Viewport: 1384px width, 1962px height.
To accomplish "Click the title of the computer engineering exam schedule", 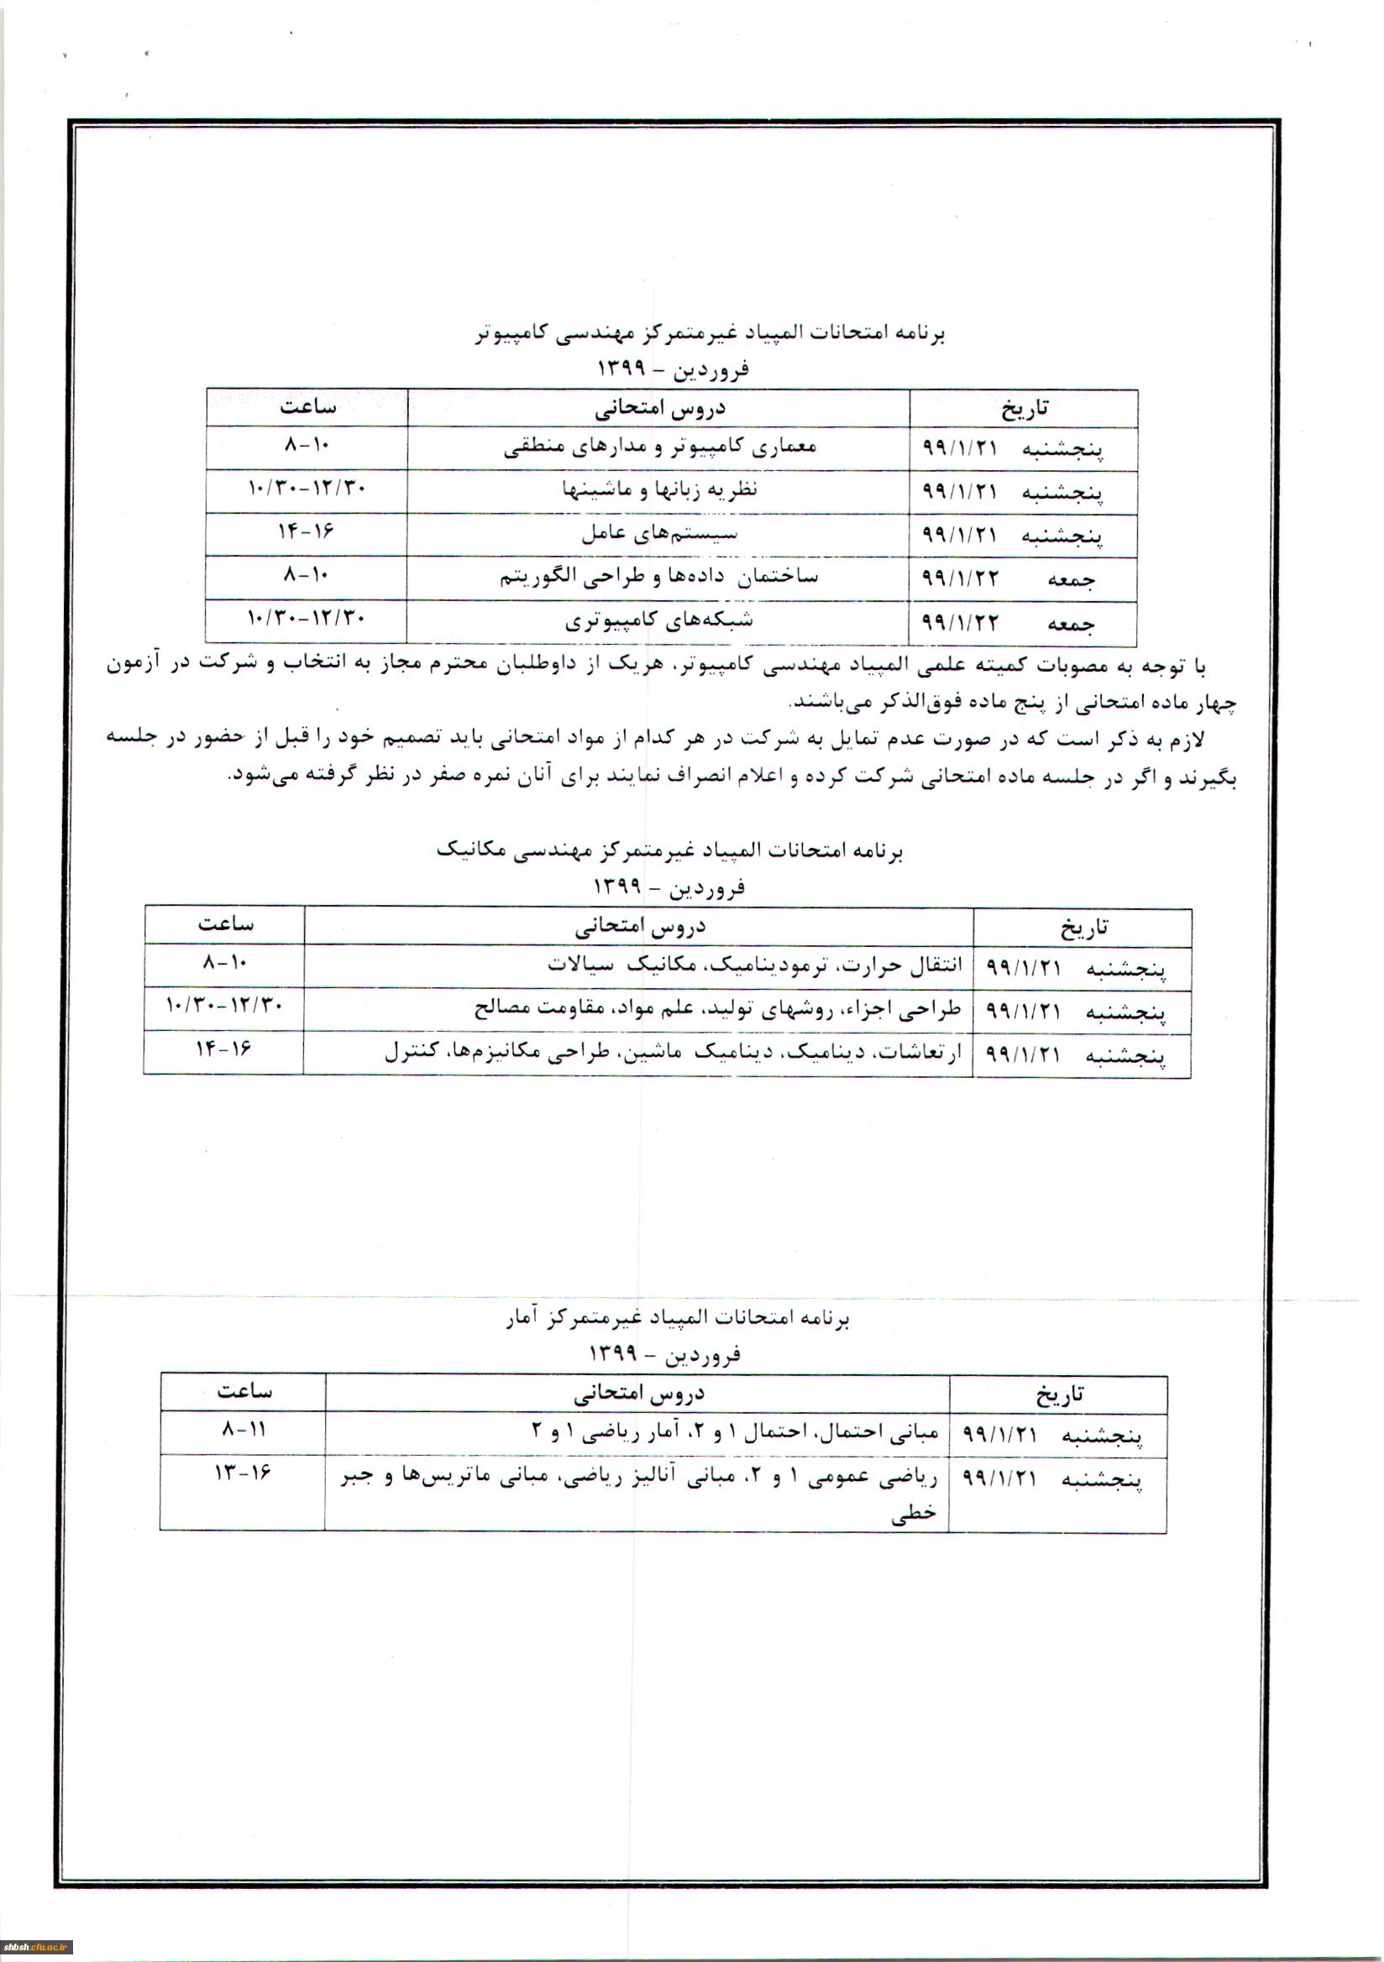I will [710, 333].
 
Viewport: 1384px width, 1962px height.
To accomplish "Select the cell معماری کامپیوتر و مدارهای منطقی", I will [659, 447].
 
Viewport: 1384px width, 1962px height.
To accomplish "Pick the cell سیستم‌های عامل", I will [659, 534].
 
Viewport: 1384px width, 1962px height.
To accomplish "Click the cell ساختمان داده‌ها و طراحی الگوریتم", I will [659, 578].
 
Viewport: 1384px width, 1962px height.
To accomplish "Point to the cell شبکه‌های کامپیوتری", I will [659, 621].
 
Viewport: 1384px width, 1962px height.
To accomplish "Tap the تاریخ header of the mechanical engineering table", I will [1083, 926].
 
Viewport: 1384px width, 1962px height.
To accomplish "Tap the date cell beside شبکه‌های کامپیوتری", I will [1023, 622].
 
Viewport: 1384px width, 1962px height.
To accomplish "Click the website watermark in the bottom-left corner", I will [37, 1948].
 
